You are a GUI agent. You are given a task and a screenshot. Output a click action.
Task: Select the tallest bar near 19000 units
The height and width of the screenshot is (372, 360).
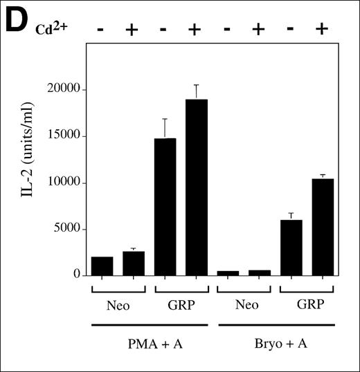tap(196, 187)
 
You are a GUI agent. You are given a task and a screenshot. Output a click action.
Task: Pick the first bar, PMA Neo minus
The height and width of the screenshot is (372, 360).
tap(102, 266)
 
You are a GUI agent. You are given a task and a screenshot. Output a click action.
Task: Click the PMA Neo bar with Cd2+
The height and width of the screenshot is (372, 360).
tap(134, 263)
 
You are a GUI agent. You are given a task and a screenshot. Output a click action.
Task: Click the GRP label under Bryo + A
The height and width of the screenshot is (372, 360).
tap(306, 305)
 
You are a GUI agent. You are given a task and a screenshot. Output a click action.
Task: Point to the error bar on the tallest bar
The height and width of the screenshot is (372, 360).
tap(196, 91)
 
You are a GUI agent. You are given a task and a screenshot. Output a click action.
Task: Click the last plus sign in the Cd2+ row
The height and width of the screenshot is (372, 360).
tap(321, 30)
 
